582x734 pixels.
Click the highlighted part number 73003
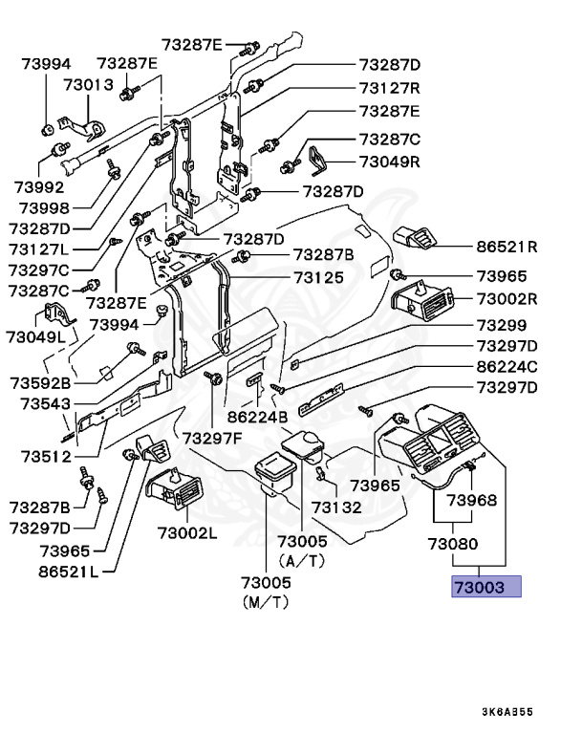[480, 587]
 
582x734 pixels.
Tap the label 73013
[89, 85]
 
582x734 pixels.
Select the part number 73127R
[390, 88]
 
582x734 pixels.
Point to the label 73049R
[390, 162]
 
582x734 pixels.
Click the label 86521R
[507, 247]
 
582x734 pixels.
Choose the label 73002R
[507, 298]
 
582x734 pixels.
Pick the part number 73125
[319, 277]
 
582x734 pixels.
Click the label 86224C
[507, 367]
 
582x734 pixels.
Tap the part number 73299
[502, 325]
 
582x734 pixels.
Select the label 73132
[336, 507]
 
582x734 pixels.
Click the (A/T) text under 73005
[302, 561]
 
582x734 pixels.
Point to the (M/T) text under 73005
[266, 602]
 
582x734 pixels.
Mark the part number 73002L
[187, 532]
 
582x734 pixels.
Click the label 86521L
[69, 572]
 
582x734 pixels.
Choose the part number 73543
[46, 403]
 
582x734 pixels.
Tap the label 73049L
[36, 336]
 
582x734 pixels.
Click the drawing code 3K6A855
[507, 712]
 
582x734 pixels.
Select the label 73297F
[212, 439]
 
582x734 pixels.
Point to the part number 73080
[453, 544]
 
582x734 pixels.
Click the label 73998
[45, 207]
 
